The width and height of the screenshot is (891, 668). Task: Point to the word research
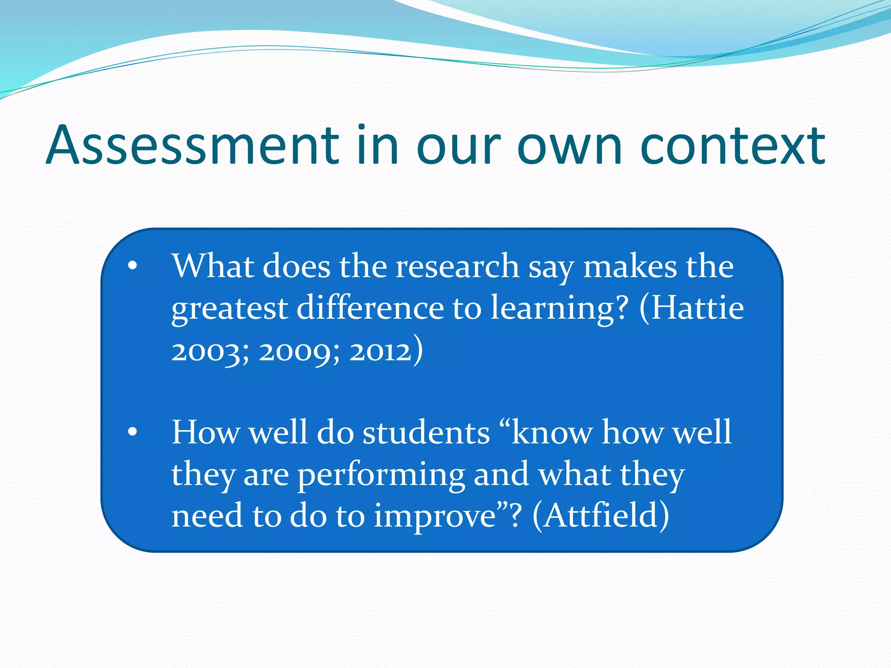(x=457, y=266)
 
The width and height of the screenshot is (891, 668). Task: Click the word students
(x=426, y=433)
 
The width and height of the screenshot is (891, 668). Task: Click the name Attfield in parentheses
(x=600, y=516)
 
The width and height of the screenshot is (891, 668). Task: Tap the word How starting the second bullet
(x=205, y=433)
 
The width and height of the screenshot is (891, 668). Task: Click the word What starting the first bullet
(x=213, y=266)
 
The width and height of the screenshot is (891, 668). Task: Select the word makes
(x=630, y=266)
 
